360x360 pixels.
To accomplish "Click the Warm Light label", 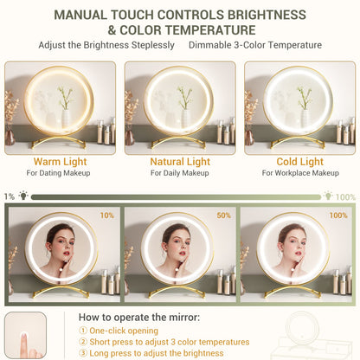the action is [x=60, y=162].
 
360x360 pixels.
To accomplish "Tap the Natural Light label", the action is [x=180, y=162].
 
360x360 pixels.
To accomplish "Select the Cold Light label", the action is [x=300, y=162].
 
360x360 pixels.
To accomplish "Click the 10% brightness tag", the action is [x=107, y=215].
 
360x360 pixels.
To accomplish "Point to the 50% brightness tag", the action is [x=223, y=215].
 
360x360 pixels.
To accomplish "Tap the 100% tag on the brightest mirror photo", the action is [x=338, y=215].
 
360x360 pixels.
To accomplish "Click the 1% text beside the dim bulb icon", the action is [x=10, y=196].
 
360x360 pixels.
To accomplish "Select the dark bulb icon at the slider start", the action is [x=23, y=196].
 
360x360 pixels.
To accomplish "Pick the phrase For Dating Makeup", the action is [x=58, y=173].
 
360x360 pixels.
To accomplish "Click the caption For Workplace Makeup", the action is [x=300, y=173].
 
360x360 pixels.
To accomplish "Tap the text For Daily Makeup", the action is [x=180, y=173].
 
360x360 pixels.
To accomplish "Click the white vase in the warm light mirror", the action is [x=66, y=119].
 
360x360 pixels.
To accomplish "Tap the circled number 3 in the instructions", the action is [x=83, y=353].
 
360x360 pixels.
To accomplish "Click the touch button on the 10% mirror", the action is [x=61, y=270].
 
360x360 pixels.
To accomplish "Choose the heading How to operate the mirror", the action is [x=139, y=318].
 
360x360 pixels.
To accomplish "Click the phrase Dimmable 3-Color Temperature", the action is [x=255, y=45].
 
